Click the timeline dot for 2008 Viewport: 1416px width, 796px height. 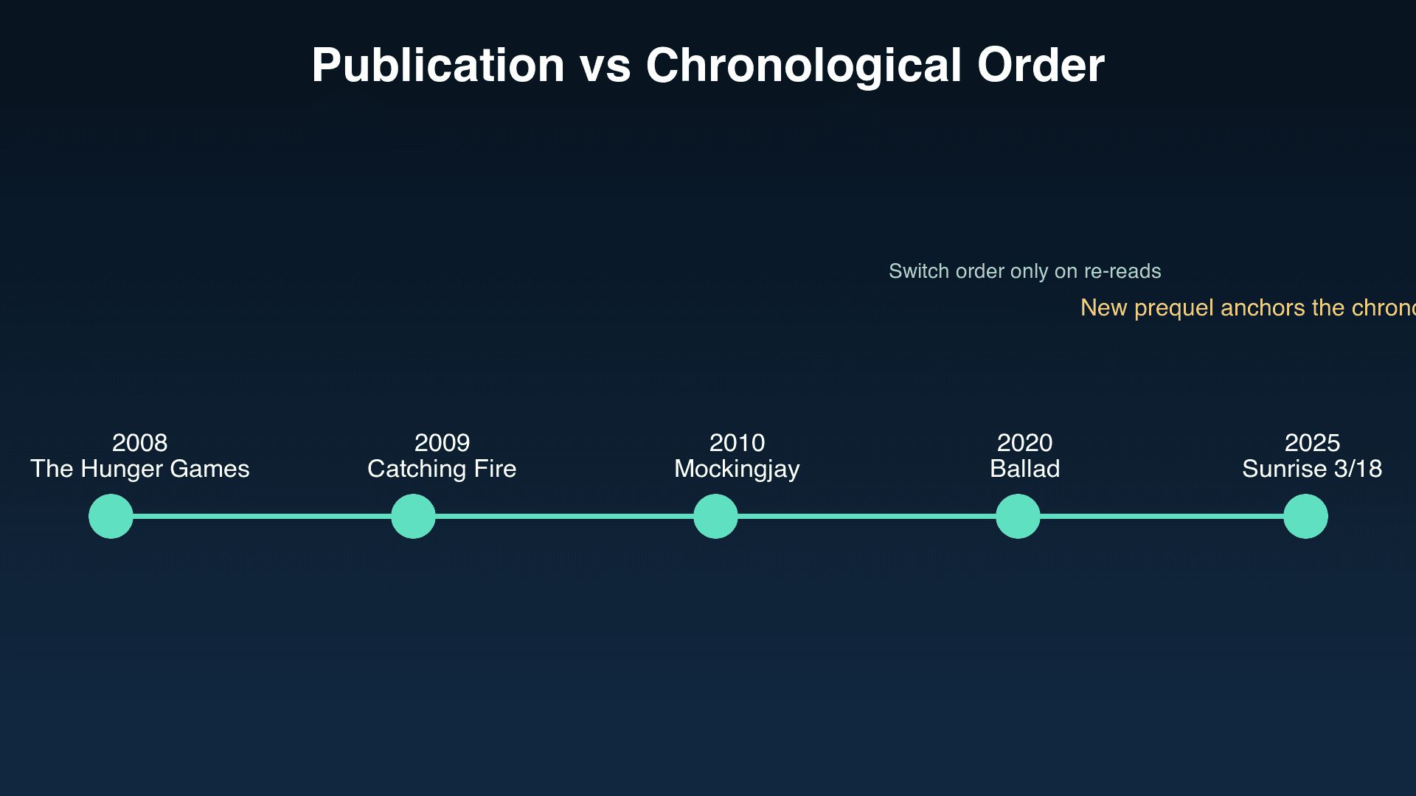tap(111, 516)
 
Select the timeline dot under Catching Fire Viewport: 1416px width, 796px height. tap(413, 516)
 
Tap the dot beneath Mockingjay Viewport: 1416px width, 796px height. tap(715, 516)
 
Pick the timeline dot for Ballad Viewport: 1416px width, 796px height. tap(1018, 516)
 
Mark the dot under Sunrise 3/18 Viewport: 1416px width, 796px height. tap(1305, 516)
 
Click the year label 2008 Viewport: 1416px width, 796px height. tap(139, 442)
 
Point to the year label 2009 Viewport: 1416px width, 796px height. tap(442, 442)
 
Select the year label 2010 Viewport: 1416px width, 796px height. tap(737, 442)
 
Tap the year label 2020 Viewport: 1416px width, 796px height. tap(1024, 442)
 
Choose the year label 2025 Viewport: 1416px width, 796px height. tap(1312, 442)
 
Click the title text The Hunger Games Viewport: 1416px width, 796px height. tap(139, 469)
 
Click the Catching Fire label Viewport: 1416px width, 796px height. tap(442, 469)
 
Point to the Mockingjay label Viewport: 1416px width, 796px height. tap(737, 469)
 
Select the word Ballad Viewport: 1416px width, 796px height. tap(1024, 469)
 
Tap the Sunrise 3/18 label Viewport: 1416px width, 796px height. tap(1312, 469)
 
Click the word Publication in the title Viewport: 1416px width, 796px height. tap(438, 65)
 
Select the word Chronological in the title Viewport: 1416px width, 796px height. tap(803, 65)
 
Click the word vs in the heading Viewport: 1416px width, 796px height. tap(605, 65)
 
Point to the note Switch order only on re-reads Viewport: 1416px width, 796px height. tap(1024, 271)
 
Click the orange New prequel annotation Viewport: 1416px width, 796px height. tap(1246, 307)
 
